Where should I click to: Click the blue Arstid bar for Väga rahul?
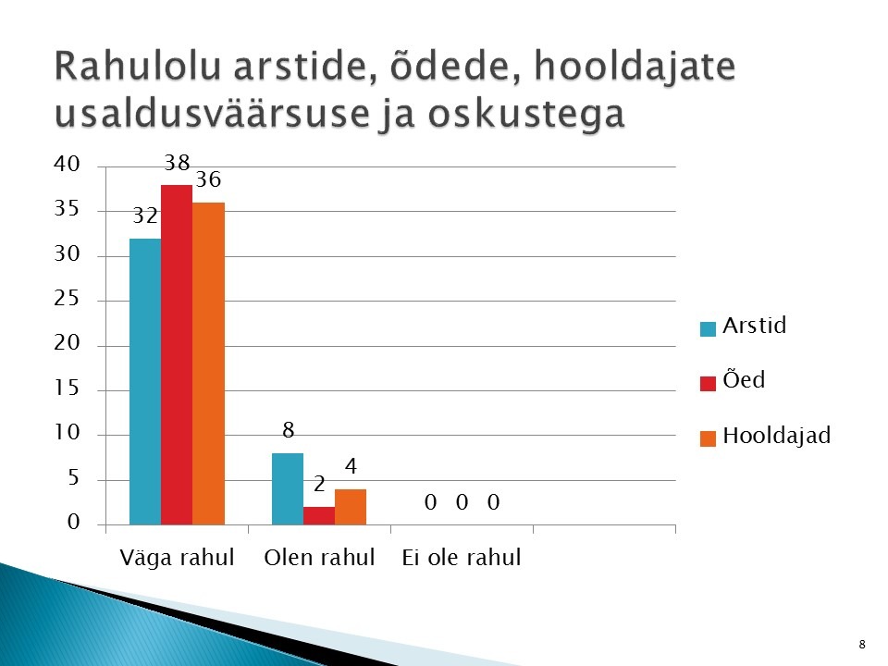coord(145,382)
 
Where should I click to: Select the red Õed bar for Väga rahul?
coord(177,354)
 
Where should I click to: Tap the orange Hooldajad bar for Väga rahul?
coord(208,364)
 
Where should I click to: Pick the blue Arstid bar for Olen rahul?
coord(288,488)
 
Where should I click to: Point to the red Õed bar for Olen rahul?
coord(319,516)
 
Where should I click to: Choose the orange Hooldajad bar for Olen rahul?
coord(351,507)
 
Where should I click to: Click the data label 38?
coord(177,163)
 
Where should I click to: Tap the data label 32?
coord(145,216)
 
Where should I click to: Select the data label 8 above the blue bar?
coord(289,430)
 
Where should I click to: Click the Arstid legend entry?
coord(743,326)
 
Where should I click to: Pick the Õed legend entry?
coord(733,379)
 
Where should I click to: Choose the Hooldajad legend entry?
coord(765,436)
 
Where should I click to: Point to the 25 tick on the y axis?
coord(67,299)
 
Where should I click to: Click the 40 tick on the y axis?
coord(67,165)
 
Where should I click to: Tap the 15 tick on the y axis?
coord(67,388)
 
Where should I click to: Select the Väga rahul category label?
coord(177,558)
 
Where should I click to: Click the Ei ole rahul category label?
coord(462,558)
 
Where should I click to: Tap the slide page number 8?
coord(862,645)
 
